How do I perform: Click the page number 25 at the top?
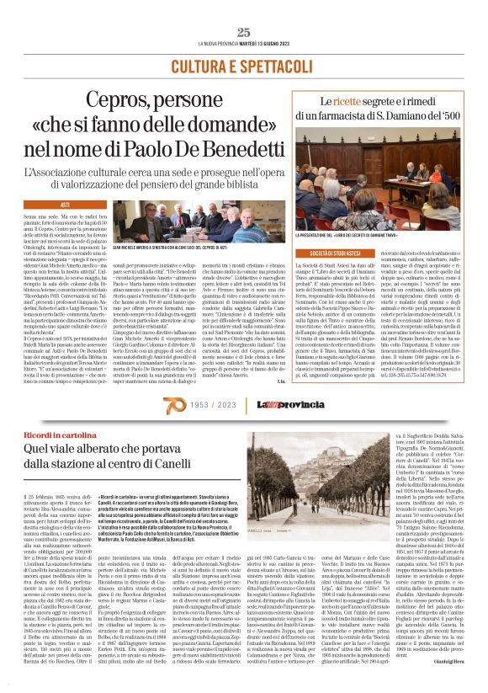(x=244, y=32)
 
